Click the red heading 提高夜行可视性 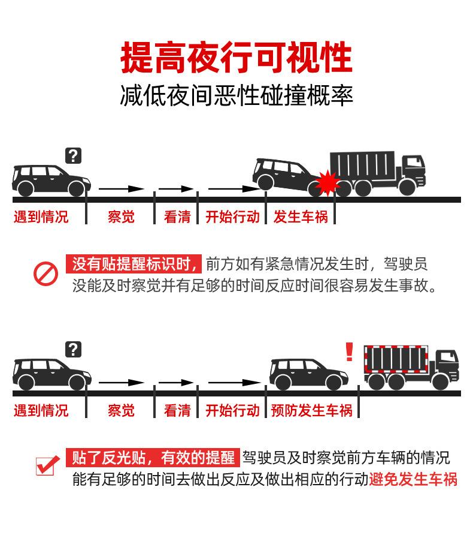click(236, 58)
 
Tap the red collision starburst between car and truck click(328, 182)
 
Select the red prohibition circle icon click(45, 274)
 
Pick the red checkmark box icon click(47, 465)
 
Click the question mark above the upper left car click(73, 156)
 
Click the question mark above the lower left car click(73, 349)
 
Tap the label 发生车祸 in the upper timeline click(301, 217)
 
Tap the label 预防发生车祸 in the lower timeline click(311, 410)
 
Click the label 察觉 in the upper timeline click(121, 217)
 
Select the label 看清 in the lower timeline click(177, 410)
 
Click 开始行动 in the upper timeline click(232, 217)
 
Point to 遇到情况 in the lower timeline click(41, 410)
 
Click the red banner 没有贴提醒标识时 click(134, 264)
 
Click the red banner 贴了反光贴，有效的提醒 click(153, 458)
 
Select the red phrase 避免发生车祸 click(413, 479)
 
